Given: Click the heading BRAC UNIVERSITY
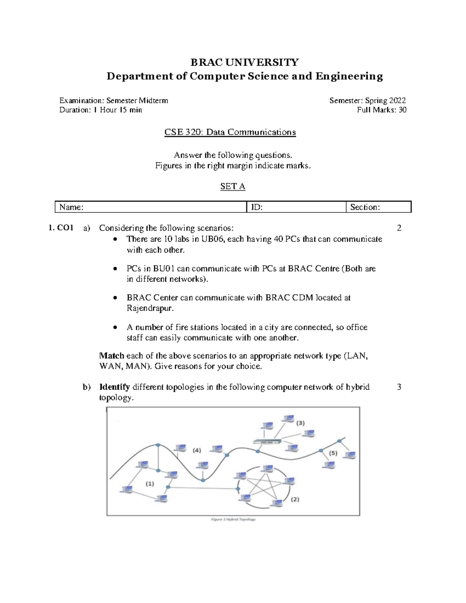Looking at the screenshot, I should (244, 62).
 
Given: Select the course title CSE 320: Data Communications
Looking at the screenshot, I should (230, 132).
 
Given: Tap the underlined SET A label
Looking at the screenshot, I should (233, 186).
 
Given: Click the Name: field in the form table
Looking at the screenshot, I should (151, 207).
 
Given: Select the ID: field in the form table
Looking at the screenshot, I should (296, 207).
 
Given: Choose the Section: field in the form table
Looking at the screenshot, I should (378, 207).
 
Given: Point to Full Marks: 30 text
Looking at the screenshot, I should (381, 110).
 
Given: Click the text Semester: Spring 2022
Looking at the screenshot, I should (367, 101).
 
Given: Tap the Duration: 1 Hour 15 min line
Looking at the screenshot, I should (101, 110).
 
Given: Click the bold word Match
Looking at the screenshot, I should (111, 356).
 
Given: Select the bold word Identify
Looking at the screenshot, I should (114, 387).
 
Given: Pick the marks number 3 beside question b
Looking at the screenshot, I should (399, 387).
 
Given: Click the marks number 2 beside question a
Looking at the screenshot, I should (399, 228).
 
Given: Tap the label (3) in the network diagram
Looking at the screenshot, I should (300, 423).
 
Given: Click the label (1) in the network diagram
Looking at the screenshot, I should (150, 484).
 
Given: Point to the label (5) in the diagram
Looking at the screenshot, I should (333, 453).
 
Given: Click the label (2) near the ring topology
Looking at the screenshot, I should (295, 499).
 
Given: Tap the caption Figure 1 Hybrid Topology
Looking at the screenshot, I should (233, 519).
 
